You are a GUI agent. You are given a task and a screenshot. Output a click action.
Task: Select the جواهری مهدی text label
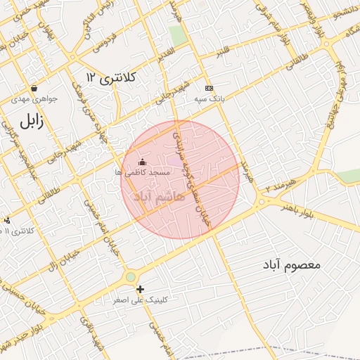point(35,99)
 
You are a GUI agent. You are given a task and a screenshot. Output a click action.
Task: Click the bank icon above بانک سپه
point(209,88)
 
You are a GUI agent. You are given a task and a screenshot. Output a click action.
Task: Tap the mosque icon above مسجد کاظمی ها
point(143,162)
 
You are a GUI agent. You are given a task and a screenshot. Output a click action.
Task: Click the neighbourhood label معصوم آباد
point(292,265)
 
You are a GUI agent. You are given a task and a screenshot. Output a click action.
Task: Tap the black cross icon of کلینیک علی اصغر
point(140,289)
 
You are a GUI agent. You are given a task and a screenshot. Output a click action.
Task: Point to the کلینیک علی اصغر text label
point(141,300)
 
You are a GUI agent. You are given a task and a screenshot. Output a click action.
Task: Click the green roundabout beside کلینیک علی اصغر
point(131,277)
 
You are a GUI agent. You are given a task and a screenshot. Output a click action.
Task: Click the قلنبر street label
point(223,52)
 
